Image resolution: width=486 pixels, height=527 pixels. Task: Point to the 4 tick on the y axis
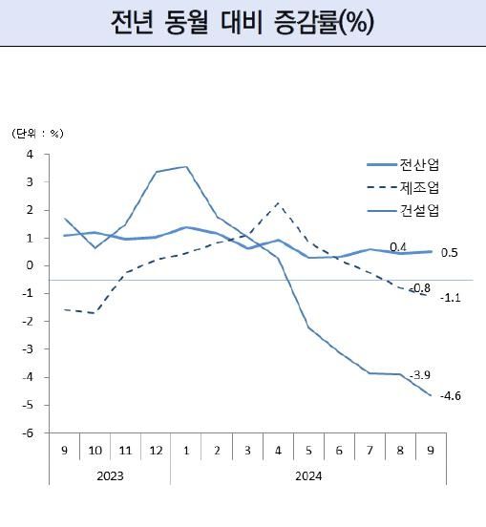30,154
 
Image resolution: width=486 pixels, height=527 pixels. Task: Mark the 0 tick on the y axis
30,265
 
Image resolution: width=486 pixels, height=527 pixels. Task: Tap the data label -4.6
451,396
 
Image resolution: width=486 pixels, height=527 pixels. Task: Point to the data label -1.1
451,298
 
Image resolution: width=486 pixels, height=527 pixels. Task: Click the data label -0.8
419,287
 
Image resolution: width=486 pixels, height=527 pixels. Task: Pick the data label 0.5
450,253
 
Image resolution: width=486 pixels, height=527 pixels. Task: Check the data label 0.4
399,247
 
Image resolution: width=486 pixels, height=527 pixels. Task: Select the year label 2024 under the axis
308,473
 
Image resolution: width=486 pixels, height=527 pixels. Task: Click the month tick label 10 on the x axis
95,450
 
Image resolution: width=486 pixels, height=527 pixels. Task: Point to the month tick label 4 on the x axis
278,450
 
